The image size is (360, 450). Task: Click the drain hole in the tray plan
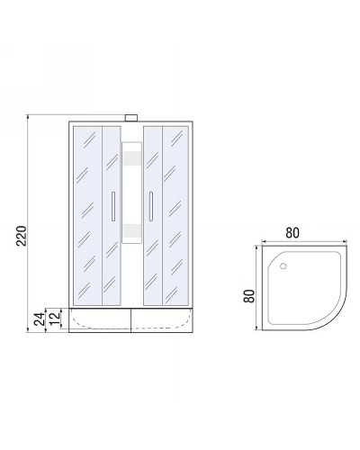(285, 266)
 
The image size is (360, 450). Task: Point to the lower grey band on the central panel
(132, 229)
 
